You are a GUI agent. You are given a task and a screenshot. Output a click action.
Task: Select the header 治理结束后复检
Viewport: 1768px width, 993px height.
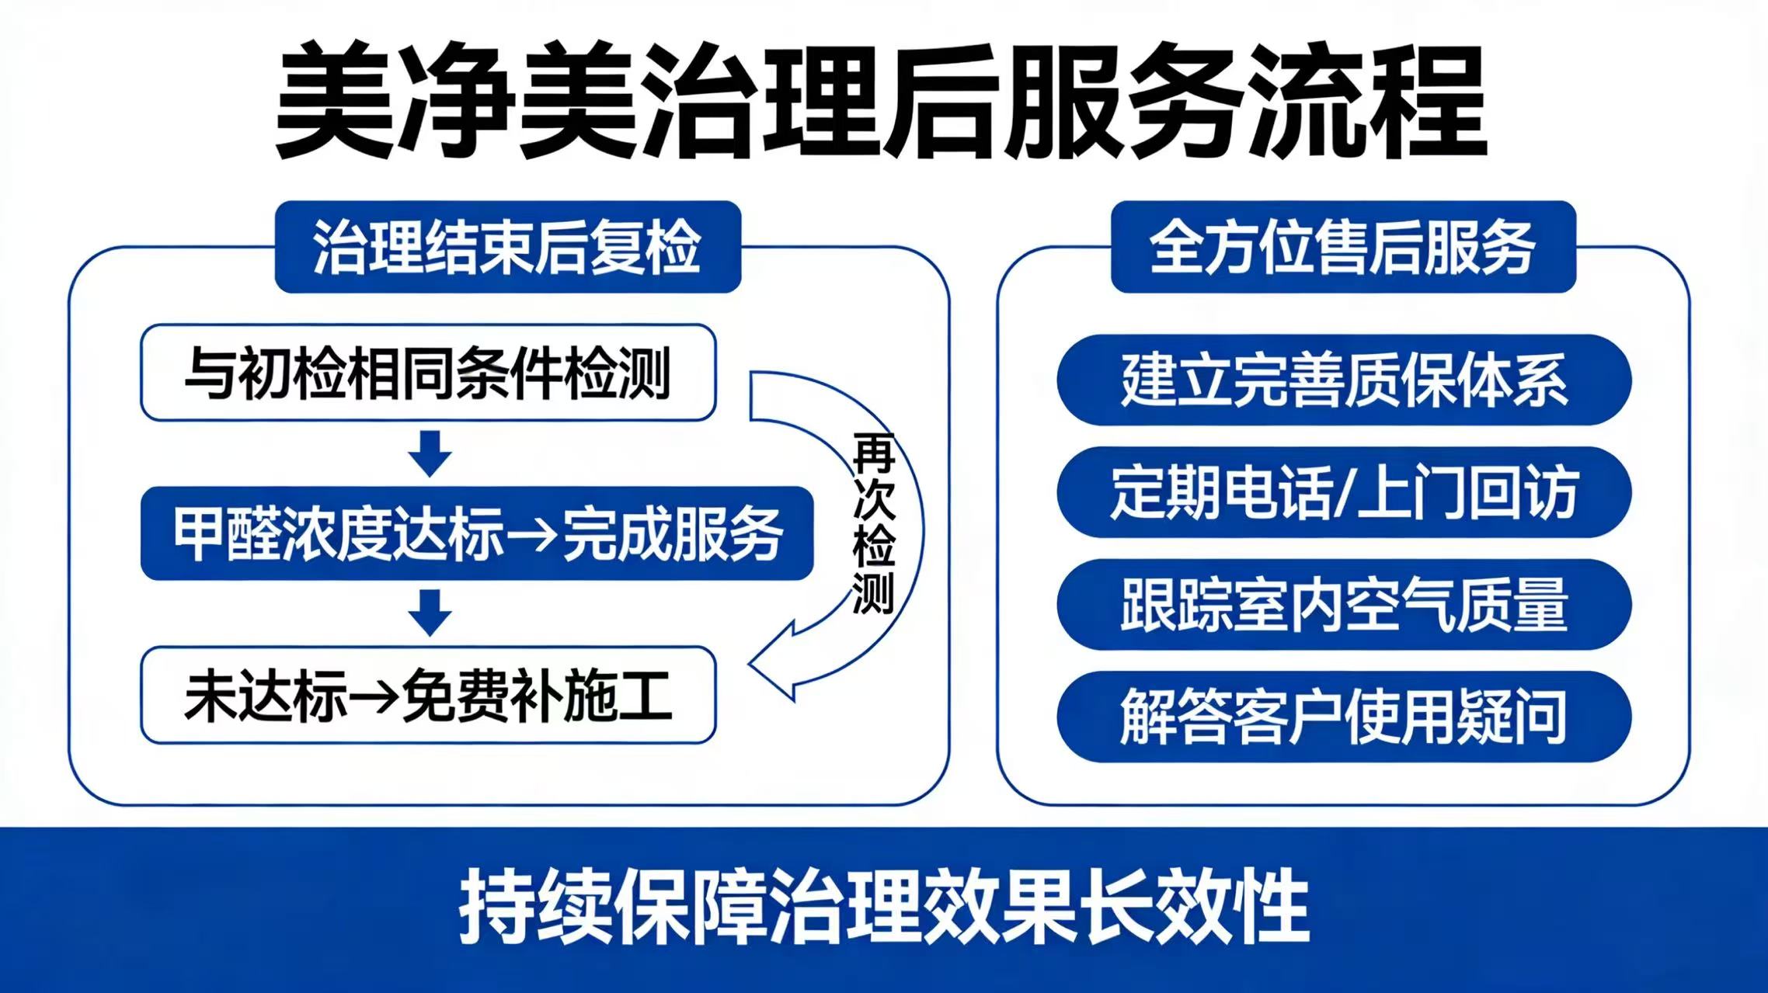pos(508,247)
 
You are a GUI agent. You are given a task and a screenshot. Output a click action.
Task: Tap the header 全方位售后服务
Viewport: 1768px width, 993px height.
pos(1343,247)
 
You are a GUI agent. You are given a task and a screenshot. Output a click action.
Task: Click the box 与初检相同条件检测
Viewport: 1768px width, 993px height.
pos(428,373)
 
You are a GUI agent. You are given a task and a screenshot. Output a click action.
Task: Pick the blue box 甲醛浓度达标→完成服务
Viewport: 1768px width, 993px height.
pos(477,533)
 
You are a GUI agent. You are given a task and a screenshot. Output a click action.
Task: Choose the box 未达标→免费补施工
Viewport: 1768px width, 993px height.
pos(428,695)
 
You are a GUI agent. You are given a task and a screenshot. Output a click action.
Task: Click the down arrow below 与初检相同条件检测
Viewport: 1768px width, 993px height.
pos(430,453)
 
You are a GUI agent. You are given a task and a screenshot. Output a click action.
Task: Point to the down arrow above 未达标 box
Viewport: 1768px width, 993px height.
pos(430,613)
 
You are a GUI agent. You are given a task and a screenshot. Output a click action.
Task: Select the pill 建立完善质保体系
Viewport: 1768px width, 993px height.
pos(1344,380)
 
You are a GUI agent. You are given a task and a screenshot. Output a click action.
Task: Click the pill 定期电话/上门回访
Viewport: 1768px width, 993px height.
pos(1344,492)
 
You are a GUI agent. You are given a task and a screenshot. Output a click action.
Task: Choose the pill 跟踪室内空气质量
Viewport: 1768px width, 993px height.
pos(1344,605)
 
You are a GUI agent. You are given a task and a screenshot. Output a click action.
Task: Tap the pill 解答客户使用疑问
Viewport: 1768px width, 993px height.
pos(1344,717)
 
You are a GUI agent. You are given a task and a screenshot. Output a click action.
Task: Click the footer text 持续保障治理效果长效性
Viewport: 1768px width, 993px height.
pos(884,908)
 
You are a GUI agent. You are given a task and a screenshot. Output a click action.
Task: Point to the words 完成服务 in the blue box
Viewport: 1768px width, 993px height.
pos(672,534)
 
